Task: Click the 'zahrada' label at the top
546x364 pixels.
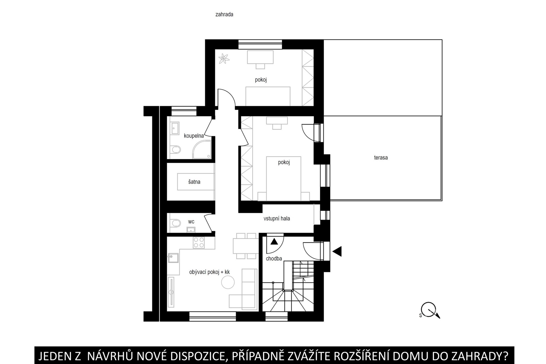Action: [x=224, y=15]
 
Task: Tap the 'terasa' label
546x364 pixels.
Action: [x=381, y=158]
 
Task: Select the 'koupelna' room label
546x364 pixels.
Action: [x=194, y=136]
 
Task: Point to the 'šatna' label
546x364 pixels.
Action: [x=194, y=182]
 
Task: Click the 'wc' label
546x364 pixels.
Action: [x=191, y=222]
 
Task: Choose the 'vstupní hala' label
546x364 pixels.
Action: [x=277, y=219]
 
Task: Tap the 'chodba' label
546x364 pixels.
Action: [x=274, y=259]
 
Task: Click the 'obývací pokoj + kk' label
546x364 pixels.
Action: [x=209, y=272]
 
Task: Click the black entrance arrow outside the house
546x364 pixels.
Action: [x=337, y=251]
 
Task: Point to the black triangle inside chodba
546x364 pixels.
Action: [x=274, y=242]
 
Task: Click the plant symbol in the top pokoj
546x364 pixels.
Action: [x=224, y=59]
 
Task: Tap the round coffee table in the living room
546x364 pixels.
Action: [x=228, y=282]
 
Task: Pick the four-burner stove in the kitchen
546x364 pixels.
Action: [x=199, y=242]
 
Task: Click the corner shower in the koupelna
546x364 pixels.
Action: [x=202, y=149]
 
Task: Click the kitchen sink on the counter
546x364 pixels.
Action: [x=173, y=258]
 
